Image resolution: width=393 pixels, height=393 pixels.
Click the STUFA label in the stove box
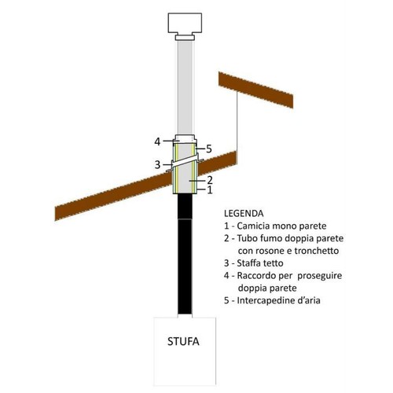click(183, 342)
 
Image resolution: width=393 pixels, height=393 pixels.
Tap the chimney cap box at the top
click(185, 23)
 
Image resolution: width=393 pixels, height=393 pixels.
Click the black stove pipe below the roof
click(185, 254)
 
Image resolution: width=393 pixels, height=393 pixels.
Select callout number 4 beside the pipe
click(157, 141)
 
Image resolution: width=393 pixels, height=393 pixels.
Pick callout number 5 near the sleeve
click(209, 149)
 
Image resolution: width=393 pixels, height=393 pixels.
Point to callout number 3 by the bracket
click(157, 164)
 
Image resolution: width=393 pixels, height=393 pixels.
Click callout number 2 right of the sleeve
click(210, 180)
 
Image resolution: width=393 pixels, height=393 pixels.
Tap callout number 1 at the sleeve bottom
click(210, 190)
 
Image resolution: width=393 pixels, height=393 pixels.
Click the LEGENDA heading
click(244, 213)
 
